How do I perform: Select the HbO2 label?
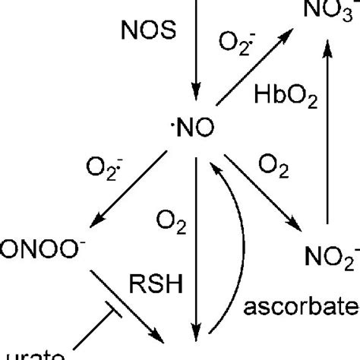(284, 97)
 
